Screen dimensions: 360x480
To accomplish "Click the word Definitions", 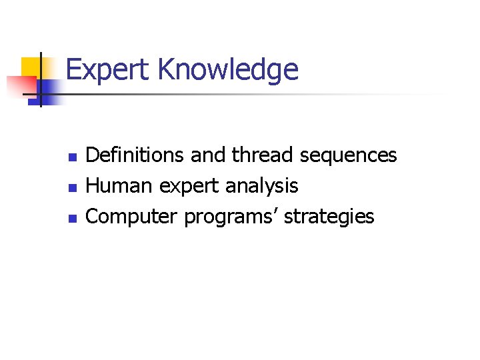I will pyautogui.click(x=135, y=155).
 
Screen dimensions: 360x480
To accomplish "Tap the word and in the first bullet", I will pyautogui.click(x=208, y=155).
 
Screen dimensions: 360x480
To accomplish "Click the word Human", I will pyautogui.click(x=120, y=186).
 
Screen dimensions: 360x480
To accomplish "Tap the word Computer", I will pyautogui.click(x=133, y=217).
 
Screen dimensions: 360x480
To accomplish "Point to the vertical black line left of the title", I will pyautogui.click(x=41, y=80).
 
